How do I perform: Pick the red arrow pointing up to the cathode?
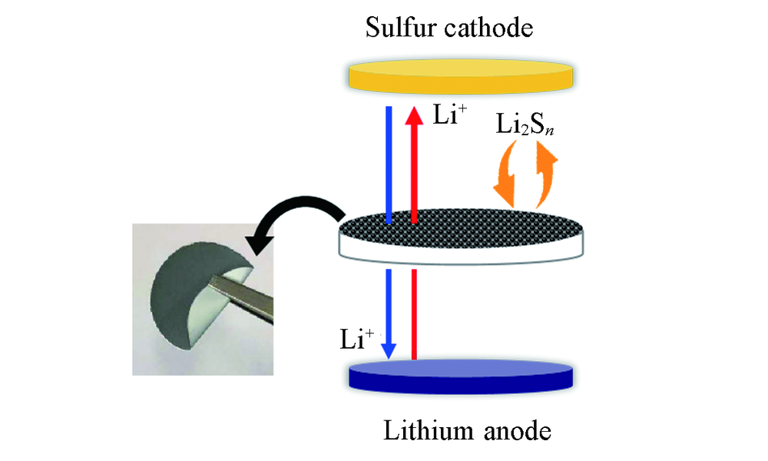[x=414, y=161]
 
